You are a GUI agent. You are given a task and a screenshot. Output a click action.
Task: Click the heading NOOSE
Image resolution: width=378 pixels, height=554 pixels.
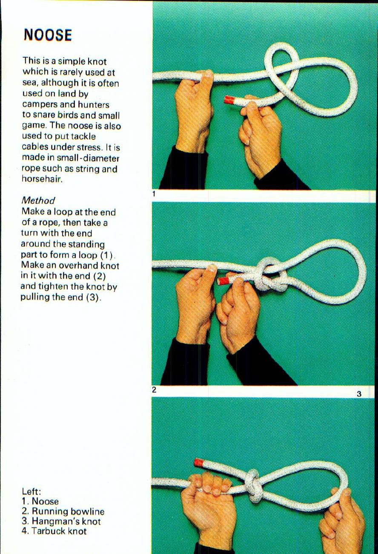(48, 35)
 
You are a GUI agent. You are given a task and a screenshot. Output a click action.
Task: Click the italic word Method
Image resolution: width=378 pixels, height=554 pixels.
(38, 200)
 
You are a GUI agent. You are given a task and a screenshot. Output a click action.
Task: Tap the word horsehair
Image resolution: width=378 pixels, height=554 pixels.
(42, 179)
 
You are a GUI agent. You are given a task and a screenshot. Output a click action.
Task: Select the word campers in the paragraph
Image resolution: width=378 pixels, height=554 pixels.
(38, 104)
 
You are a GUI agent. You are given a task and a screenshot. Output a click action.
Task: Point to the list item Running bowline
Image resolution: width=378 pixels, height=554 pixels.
(68, 511)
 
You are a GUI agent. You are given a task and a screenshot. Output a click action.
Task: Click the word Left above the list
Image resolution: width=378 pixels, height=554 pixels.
(30, 491)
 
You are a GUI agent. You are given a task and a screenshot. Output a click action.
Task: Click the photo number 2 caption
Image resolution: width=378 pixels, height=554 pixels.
(154, 390)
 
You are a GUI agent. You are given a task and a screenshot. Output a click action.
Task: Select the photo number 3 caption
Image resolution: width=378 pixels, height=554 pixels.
(359, 394)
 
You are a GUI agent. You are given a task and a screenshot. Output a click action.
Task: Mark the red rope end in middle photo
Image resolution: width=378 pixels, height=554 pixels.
(222, 280)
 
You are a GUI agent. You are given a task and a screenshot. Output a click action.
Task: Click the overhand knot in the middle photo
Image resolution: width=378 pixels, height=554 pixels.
(270, 275)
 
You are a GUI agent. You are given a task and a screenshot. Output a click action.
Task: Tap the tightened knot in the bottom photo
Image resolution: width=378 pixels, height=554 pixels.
(252, 486)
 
